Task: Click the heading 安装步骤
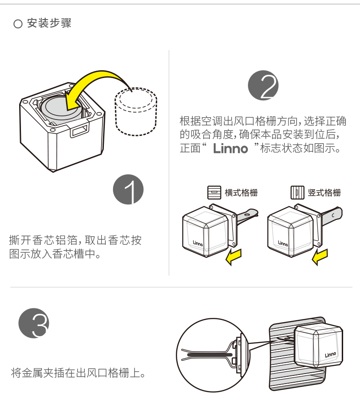[x=49, y=23]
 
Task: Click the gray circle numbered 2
[x=263, y=85]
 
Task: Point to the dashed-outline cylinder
[x=136, y=112]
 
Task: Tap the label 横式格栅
[x=241, y=192]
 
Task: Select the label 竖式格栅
[x=324, y=192]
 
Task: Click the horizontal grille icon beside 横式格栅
[x=213, y=192]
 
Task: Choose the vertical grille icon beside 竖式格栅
[x=297, y=192]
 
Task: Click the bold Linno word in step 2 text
[x=231, y=149]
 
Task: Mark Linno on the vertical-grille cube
[x=283, y=243]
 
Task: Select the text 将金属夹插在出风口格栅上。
[x=78, y=374]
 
